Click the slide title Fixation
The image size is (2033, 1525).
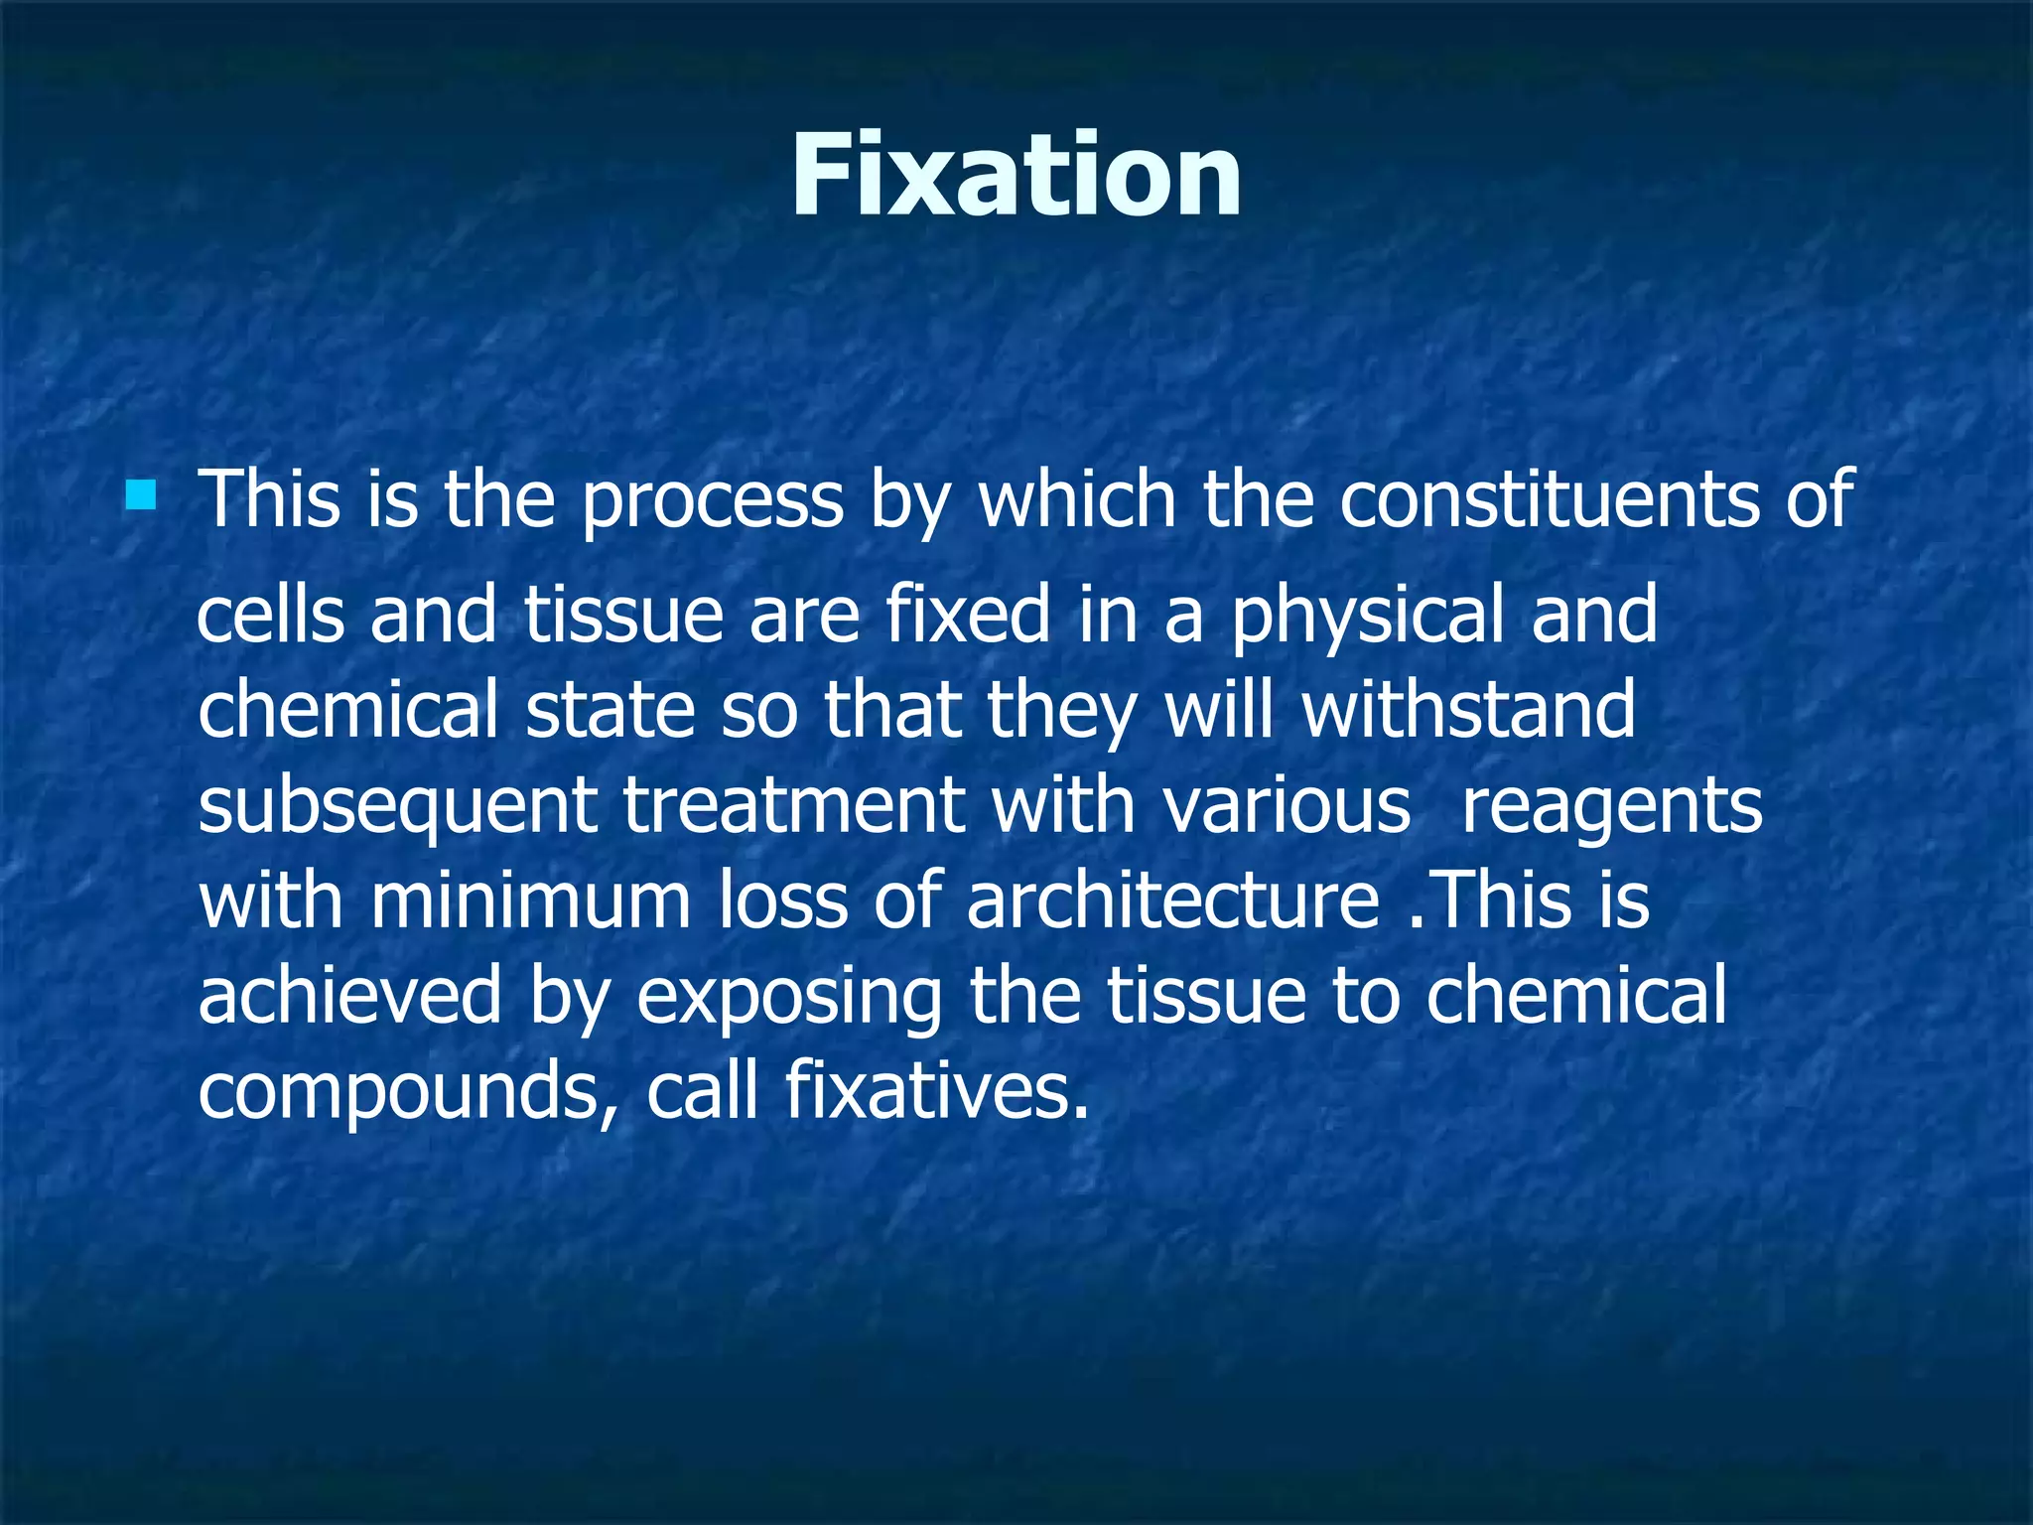click(1016, 176)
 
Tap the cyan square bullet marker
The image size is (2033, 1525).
click(141, 494)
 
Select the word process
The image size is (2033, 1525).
click(712, 501)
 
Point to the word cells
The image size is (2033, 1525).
click(271, 614)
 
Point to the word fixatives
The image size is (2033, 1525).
click(936, 1090)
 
